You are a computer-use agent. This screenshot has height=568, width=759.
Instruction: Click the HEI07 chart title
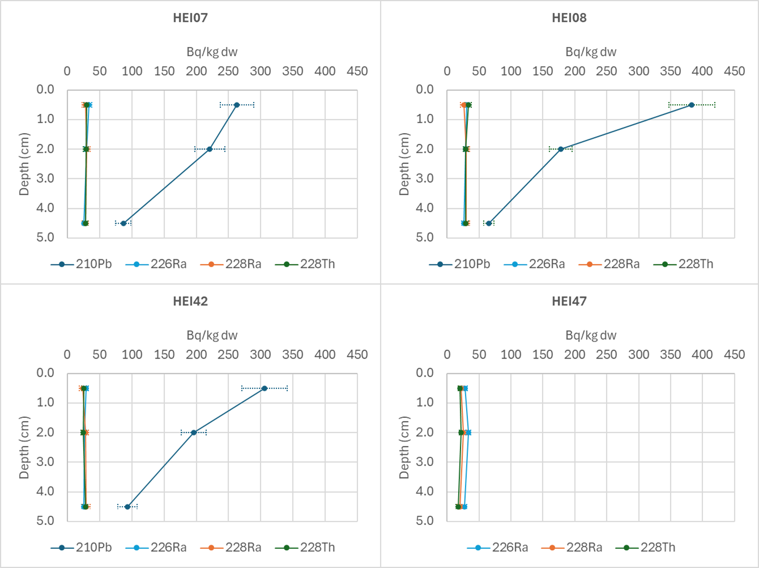click(x=190, y=18)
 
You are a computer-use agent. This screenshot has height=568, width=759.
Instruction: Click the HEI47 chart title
click(x=569, y=301)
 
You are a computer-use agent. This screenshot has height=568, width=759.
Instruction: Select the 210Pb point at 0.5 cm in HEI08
click(x=692, y=105)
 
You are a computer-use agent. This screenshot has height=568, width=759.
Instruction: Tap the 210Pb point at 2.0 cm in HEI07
click(x=210, y=149)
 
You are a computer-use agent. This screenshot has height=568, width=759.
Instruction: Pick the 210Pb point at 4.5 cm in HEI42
click(x=127, y=507)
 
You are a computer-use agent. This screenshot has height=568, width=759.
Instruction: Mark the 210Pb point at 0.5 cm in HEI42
click(x=265, y=388)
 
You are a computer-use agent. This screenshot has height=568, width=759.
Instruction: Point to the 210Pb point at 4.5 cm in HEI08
click(x=489, y=223)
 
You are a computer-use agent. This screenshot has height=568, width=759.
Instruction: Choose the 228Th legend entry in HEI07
click(x=305, y=264)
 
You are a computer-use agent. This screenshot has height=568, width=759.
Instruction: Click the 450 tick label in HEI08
click(x=735, y=71)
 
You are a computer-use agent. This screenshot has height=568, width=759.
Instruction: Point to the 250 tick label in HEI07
click(x=228, y=71)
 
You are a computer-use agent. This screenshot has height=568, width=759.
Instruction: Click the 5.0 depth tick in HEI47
click(x=424, y=521)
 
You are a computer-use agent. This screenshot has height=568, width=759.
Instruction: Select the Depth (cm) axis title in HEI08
click(x=404, y=164)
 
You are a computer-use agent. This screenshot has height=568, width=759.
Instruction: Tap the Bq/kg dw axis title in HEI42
click(x=212, y=335)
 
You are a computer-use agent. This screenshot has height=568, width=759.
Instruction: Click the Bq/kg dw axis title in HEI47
click(x=591, y=335)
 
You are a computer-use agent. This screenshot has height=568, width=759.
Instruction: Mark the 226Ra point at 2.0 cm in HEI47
click(x=468, y=433)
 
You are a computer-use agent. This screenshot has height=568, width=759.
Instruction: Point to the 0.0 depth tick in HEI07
click(x=44, y=89)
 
